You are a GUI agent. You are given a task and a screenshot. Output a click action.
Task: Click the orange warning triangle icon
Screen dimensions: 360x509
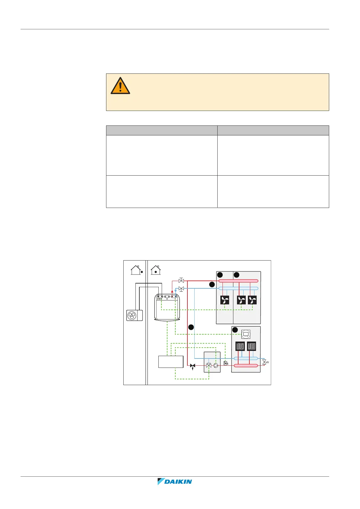pyautogui.click(x=120, y=86)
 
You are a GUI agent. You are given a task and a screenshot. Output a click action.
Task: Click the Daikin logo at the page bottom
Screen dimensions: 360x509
pyautogui.click(x=175, y=481)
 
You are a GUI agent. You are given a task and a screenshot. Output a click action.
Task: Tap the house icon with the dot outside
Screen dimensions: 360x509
pyautogui.click(x=136, y=270)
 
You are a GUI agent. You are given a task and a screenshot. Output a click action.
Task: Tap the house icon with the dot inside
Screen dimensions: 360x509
pyautogui.click(x=156, y=270)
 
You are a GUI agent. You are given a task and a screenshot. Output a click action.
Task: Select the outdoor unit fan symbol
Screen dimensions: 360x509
pyautogui.click(x=132, y=316)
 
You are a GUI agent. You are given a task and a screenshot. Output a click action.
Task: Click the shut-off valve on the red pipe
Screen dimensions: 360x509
pyautogui.click(x=181, y=281)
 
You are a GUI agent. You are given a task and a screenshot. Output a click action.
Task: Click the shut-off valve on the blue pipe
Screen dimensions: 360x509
pyautogui.click(x=181, y=289)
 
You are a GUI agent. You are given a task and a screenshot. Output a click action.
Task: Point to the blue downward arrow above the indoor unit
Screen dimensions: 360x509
pyautogui.click(x=176, y=291)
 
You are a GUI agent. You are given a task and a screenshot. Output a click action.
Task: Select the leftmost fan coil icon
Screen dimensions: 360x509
pyautogui.click(x=225, y=300)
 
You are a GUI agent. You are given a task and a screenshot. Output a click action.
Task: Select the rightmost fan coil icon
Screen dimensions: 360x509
pyautogui.click(x=252, y=300)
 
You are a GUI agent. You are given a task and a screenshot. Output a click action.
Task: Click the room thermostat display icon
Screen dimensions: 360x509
pyautogui.click(x=246, y=334)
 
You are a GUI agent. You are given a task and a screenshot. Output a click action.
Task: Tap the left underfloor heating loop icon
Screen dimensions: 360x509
pyautogui.click(x=240, y=346)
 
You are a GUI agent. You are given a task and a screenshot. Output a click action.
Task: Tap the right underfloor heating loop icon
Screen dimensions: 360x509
pyautogui.click(x=251, y=346)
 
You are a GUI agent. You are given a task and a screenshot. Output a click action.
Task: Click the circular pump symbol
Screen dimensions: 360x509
pyautogui.click(x=216, y=365)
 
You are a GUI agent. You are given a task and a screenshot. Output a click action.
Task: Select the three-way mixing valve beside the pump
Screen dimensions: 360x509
pyautogui.click(x=209, y=365)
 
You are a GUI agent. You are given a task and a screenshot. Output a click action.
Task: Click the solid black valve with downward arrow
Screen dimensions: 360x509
pyautogui.click(x=193, y=366)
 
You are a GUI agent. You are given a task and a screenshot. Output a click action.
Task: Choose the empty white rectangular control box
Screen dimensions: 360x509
pyautogui.click(x=171, y=361)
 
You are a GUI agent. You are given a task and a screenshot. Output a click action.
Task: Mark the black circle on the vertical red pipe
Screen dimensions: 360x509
pyautogui.click(x=191, y=327)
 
